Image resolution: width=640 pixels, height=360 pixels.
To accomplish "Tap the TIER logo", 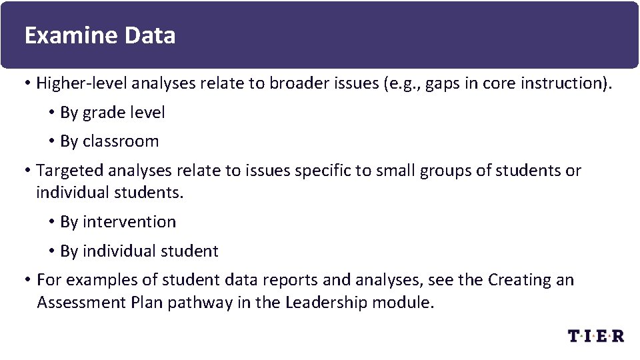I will coord(596,335).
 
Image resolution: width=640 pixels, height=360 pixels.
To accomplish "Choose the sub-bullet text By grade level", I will coord(112,113).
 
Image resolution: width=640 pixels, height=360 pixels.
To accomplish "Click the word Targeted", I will coord(69,171).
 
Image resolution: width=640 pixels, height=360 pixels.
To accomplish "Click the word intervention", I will coord(129,222).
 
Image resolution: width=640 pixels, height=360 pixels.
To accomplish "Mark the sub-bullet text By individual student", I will coord(139,251).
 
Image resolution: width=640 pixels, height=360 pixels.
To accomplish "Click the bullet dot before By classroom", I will coord(52,141).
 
